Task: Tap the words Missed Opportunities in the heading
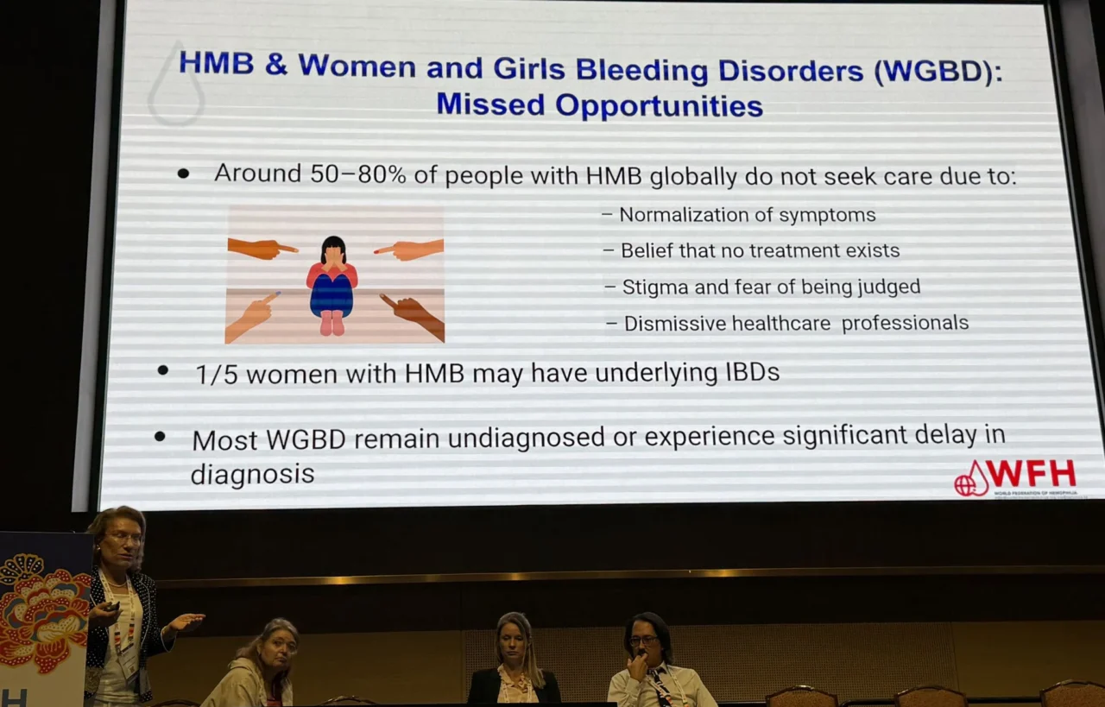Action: pyautogui.click(x=599, y=104)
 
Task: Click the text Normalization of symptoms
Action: pyautogui.click(x=748, y=215)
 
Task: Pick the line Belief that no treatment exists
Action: pyautogui.click(x=760, y=250)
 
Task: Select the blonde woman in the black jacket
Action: pyautogui.click(x=515, y=660)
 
